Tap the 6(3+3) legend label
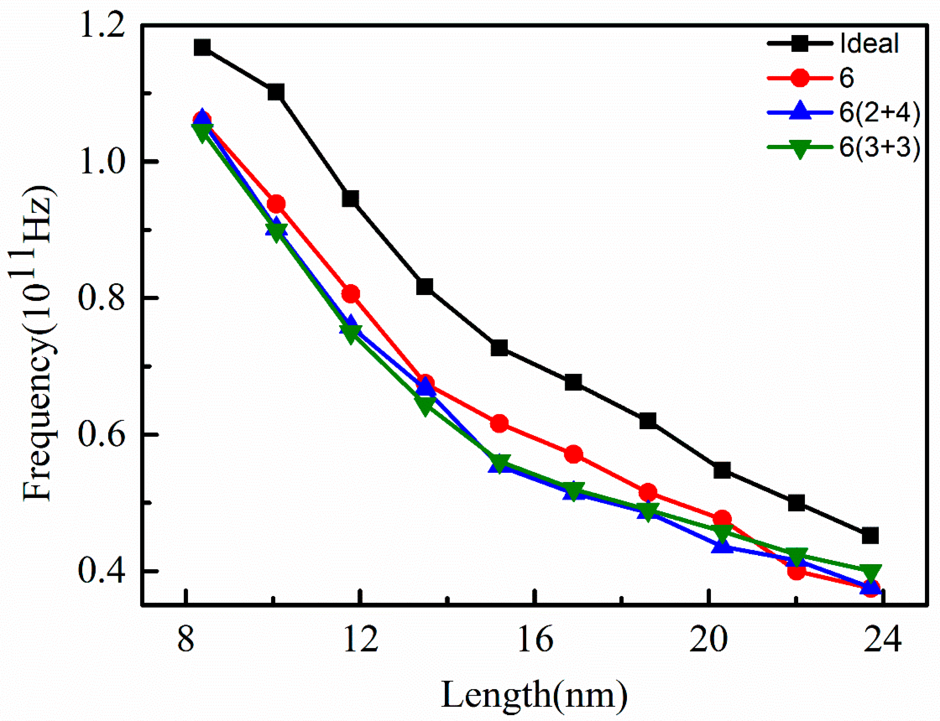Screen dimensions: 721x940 pos(879,148)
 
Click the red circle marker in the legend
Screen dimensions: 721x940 pos(799,78)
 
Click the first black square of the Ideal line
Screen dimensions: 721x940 pos(202,47)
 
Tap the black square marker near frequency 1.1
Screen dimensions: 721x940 pos(276,92)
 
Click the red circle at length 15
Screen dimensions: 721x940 pos(499,424)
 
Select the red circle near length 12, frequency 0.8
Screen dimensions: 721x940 pos(351,294)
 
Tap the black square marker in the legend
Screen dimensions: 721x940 pos(799,43)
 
